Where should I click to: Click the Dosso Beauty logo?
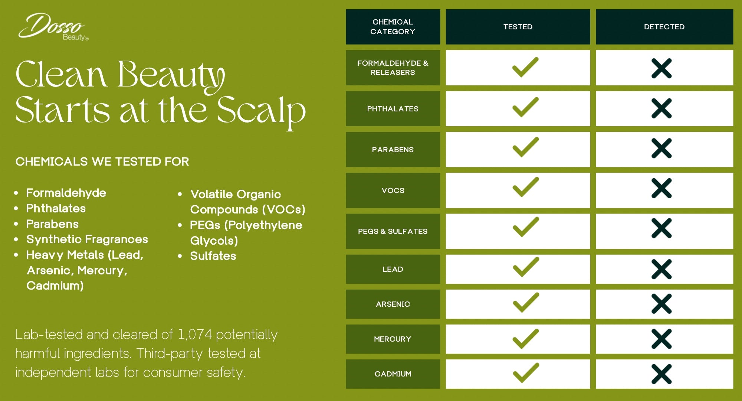(x=53, y=27)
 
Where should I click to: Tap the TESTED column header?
(x=518, y=27)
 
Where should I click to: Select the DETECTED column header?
(x=664, y=27)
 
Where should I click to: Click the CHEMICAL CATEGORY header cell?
(x=393, y=27)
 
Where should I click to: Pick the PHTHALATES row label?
(x=393, y=109)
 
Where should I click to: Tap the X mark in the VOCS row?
(x=661, y=189)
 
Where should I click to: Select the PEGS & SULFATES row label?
(x=393, y=231)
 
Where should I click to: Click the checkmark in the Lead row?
(x=526, y=267)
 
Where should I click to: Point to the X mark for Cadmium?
(x=661, y=374)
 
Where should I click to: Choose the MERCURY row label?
(x=393, y=339)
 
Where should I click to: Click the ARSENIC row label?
(x=393, y=304)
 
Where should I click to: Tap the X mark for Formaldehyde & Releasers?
(x=661, y=68)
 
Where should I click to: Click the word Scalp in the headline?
(x=261, y=111)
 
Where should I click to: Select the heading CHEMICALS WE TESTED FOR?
(x=102, y=162)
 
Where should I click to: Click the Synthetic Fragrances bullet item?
(x=87, y=239)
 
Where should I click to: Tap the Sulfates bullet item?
(x=213, y=256)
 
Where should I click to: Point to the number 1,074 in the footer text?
(x=195, y=335)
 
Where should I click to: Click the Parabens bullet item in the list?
(x=52, y=224)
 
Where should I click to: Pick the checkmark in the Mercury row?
(x=526, y=339)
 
